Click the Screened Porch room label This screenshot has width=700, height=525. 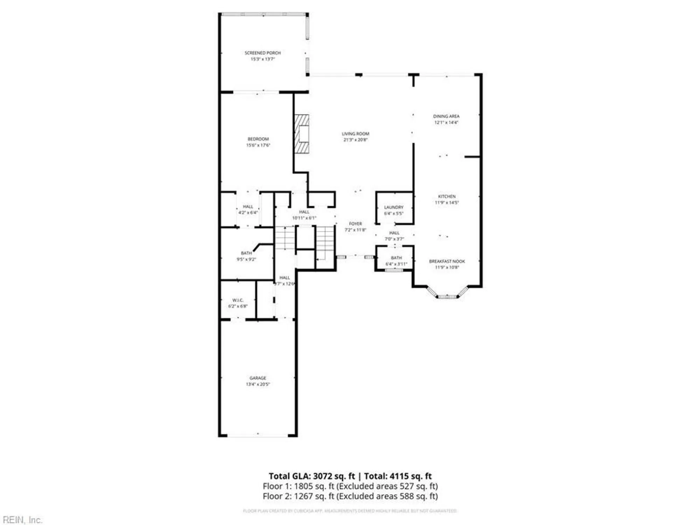pyautogui.click(x=262, y=53)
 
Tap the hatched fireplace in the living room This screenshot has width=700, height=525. pyautogui.click(x=302, y=134)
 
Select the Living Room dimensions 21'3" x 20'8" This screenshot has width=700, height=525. pyautogui.click(x=355, y=140)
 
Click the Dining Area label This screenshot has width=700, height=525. pyautogui.click(x=446, y=116)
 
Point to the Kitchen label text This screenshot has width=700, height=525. pyautogui.click(x=447, y=196)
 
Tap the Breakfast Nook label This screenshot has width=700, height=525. pyautogui.click(x=447, y=261)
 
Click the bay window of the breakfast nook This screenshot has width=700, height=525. pyautogui.click(x=447, y=296)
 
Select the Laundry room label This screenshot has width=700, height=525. pyautogui.click(x=394, y=207)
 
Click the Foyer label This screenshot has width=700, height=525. pyautogui.click(x=355, y=224)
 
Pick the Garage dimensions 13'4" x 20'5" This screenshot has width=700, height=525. pyautogui.click(x=258, y=384)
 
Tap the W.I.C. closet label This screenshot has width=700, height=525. pyautogui.click(x=238, y=300)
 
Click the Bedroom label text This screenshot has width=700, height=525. pyautogui.click(x=258, y=139)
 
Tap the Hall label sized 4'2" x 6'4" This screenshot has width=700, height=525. pyautogui.click(x=248, y=207)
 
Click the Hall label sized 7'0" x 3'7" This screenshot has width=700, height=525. pyautogui.click(x=394, y=233)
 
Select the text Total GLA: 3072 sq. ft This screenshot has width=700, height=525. pyautogui.click(x=311, y=476)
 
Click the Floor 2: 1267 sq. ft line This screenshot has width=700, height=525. pyautogui.click(x=350, y=496)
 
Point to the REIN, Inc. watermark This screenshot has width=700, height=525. pyautogui.click(x=22, y=520)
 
